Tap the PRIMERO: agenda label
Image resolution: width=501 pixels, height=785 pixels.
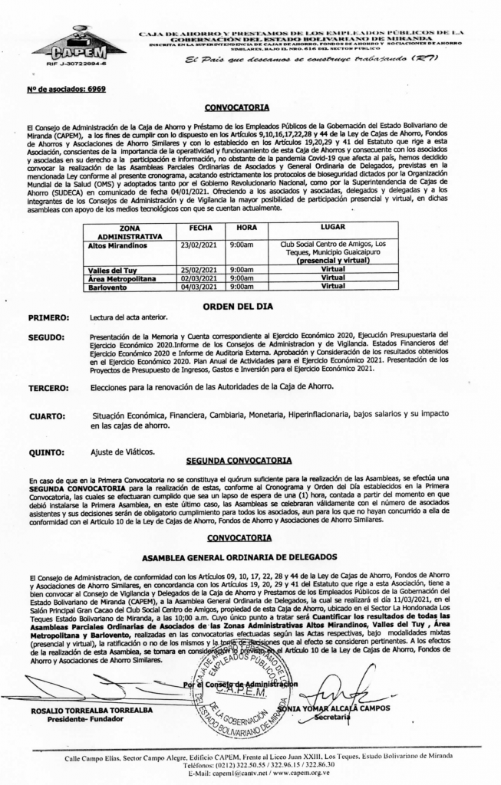(x=49, y=317)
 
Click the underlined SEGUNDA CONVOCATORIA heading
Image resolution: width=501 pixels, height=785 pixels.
(x=239, y=461)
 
